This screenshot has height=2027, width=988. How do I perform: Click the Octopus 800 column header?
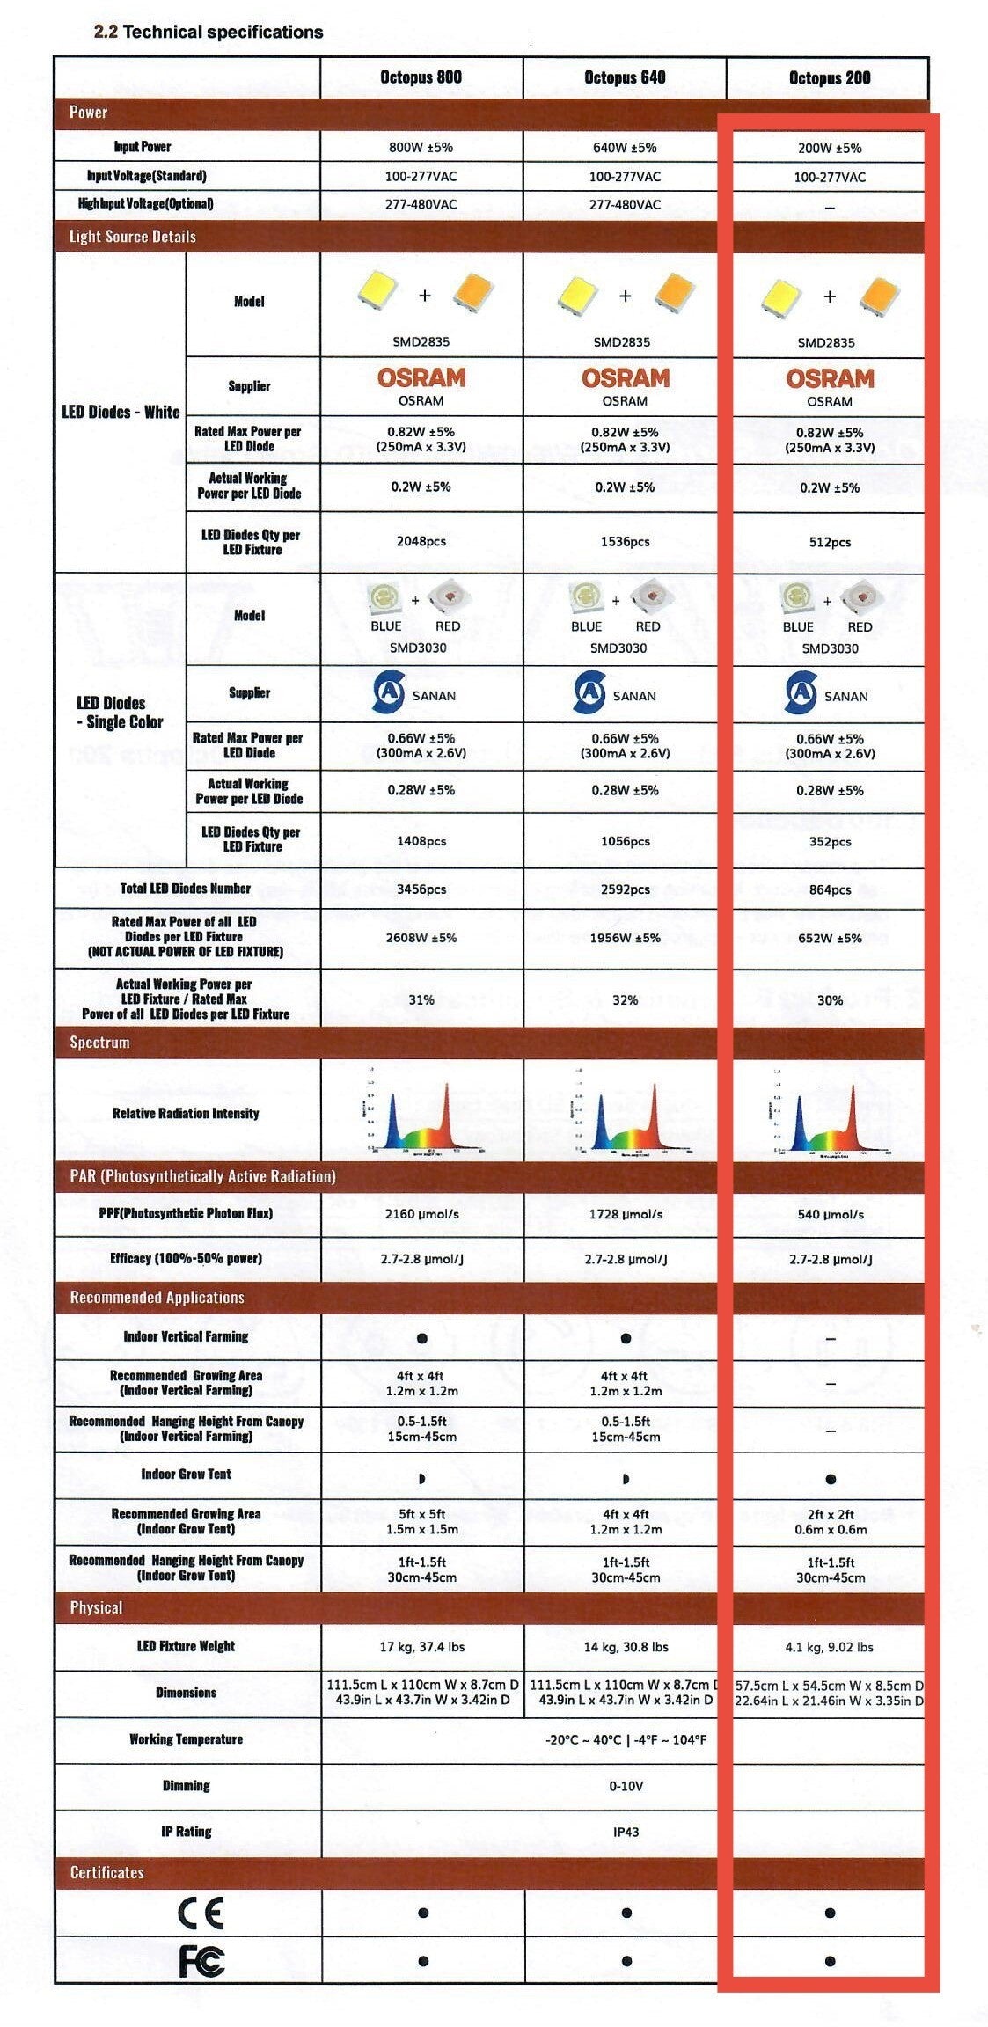pos(421,77)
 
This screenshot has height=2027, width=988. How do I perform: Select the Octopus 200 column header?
pos(829,77)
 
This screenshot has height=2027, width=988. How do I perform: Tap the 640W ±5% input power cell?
pos(625,148)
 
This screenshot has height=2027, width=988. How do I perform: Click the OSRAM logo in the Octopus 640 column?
pos(625,378)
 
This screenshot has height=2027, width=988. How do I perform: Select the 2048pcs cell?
pos(421,541)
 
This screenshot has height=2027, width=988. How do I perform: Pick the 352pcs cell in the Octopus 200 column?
pos(830,841)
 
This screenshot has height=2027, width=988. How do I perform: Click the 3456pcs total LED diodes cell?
pos(421,889)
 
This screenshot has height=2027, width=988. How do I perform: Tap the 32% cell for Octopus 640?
pos(625,999)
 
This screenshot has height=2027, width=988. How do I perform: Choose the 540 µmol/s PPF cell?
pos(830,1214)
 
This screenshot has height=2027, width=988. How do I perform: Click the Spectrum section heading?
pos(99,1043)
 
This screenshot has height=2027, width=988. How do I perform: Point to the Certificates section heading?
pos(106,1871)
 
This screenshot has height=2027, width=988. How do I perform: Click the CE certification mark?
pos(201,1912)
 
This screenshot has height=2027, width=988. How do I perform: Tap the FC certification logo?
pos(201,1960)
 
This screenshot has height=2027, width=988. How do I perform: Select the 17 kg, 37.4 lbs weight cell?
pos(421,1646)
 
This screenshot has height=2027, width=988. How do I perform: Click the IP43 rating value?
pos(626,1831)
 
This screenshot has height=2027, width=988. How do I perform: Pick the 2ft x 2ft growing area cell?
pos(830,1521)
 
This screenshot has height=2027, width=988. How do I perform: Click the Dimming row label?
pos(186,1785)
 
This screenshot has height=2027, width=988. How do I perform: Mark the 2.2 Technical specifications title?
pos(209,33)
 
